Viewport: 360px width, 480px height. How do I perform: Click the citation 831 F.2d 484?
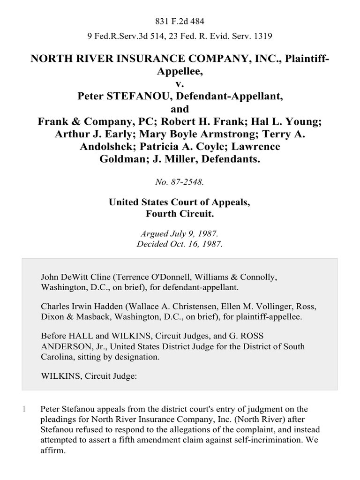(x=180, y=21)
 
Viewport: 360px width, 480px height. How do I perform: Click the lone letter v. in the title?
(x=180, y=84)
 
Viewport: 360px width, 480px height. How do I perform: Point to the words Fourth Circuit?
(x=180, y=214)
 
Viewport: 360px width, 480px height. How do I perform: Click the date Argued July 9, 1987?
(x=180, y=233)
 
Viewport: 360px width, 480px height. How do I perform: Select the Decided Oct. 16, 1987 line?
(x=180, y=244)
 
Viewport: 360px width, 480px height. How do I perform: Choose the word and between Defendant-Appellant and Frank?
(x=180, y=109)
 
